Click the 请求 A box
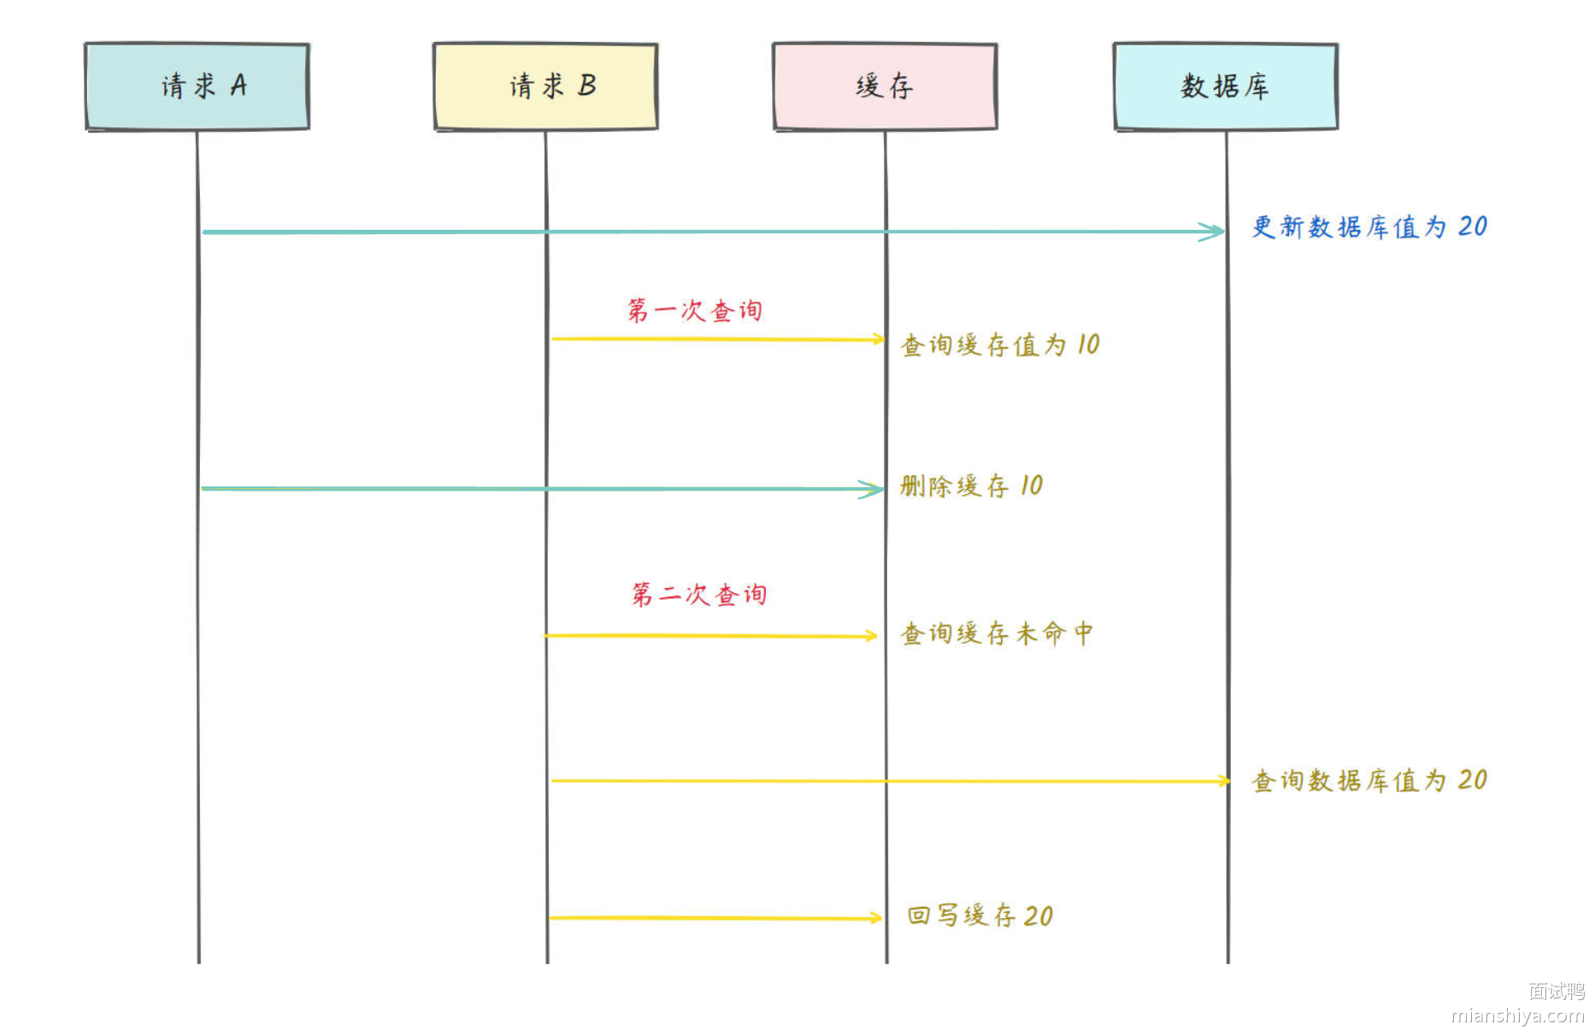tap(197, 86)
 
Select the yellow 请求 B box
tap(545, 86)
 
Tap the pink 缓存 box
tap(885, 86)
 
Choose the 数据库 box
tap(1226, 86)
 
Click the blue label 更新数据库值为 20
tap(1369, 227)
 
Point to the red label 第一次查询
tap(694, 310)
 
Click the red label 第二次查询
tap(698, 594)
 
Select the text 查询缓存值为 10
tap(999, 345)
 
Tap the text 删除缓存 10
tap(971, 486)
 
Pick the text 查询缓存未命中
tap(997, 633)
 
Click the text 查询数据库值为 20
tap(1369, 780)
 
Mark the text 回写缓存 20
tap(980, 915)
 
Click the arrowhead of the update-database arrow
tap(1214, 232)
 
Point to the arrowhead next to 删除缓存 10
tap(874, 489)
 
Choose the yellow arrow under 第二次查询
tap(709, 636)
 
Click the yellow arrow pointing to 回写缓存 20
tap(714, 918)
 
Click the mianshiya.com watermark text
tap(1517, 1015)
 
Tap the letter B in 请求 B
tap(587, 85)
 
